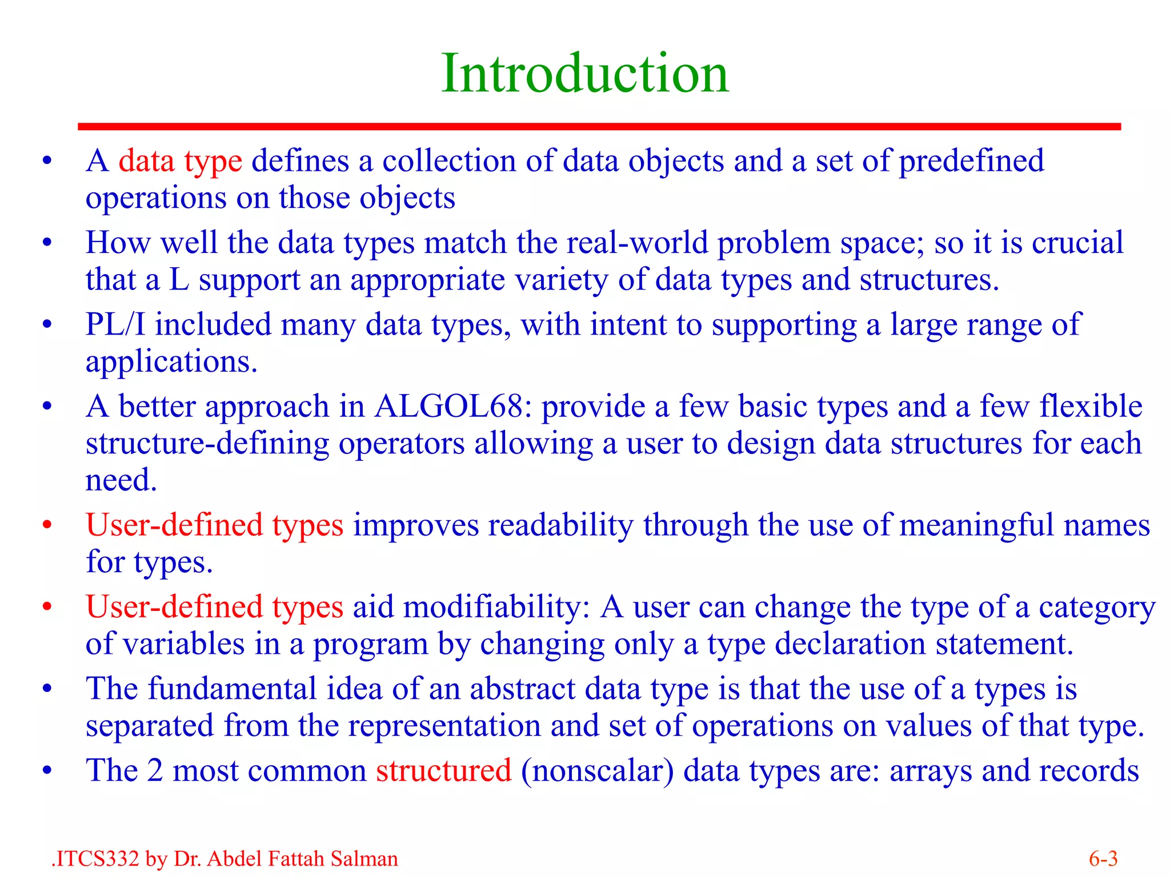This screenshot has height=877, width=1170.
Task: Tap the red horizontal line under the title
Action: [599, 127]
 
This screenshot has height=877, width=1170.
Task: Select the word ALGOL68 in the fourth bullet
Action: [449, 407]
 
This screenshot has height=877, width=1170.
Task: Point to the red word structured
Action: [443, 770]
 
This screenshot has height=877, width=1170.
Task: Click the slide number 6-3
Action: [1103, 859]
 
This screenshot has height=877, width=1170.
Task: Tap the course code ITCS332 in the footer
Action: [97, 859]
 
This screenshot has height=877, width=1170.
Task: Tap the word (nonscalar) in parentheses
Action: [597, 770]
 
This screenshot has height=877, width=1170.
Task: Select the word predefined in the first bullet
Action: [971, 161]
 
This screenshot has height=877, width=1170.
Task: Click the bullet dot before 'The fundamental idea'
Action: [47, 689]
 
